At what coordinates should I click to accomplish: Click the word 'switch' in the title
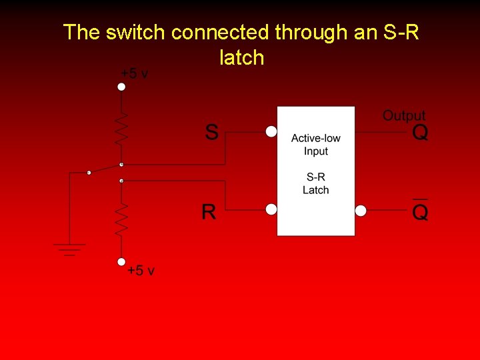142,32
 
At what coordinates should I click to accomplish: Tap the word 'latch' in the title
241,58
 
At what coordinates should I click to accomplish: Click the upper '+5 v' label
135,74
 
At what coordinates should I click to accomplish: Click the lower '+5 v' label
141,271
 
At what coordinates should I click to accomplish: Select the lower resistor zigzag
121,220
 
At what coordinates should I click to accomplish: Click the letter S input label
211,132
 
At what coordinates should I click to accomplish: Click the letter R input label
209,213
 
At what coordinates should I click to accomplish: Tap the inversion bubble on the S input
271,132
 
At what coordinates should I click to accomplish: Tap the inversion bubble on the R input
271,210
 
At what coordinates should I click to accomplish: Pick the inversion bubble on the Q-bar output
361,211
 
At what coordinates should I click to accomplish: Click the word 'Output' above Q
403,116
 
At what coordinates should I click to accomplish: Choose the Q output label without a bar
421,133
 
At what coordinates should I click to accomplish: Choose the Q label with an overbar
421,212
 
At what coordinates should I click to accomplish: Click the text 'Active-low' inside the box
315,139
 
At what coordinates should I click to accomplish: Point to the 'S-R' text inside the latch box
315,177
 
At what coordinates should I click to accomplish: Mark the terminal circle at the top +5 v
121,87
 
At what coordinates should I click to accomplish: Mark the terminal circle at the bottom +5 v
121,262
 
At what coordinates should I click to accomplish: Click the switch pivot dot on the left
89,173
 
